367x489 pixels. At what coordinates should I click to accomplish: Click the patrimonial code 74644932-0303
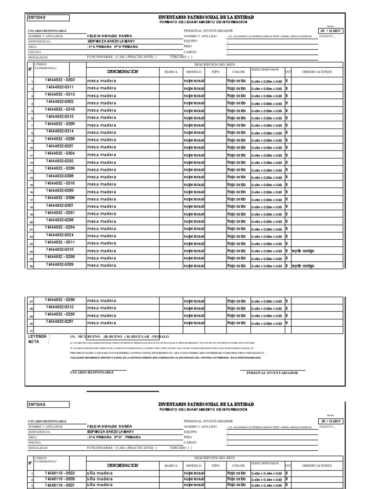pyautogui.click(x=59, y=80)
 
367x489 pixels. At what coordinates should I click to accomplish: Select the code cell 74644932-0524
pyautogui.click(x=59, y=235)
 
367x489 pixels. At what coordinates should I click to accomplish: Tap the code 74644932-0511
pyautogui.click(x=59, y=243)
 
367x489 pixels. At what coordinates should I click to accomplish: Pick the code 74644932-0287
pyautogui.click(x=59, y=323)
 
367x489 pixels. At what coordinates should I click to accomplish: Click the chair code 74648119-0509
pyautogui.click(x=59, y=479)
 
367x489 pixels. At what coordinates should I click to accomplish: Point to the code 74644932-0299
pyautogui.click(x=59, y=257)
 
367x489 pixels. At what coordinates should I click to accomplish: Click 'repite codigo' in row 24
pyautogui.click(x=302, y=250)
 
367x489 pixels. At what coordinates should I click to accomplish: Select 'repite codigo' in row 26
pyautogui.click(x=302, y=266)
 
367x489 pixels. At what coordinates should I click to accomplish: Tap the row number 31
pyautogui.click(x=32, y=331)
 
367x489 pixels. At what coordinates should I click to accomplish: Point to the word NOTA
pyautogui.click(x=34, y=341)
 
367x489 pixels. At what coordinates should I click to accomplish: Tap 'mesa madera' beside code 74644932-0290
pyautogui.click(x=101, y=301)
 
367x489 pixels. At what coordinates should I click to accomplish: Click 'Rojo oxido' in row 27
pyautogui.click(x=237, y=301)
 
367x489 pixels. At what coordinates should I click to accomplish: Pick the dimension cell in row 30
pyautogui.click(x=267, y=323)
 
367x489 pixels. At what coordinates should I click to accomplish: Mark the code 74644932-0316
pyautogui.click(x=59, y=183)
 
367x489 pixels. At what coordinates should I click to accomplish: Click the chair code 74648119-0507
pyautogui.click(x=59, y=485)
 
